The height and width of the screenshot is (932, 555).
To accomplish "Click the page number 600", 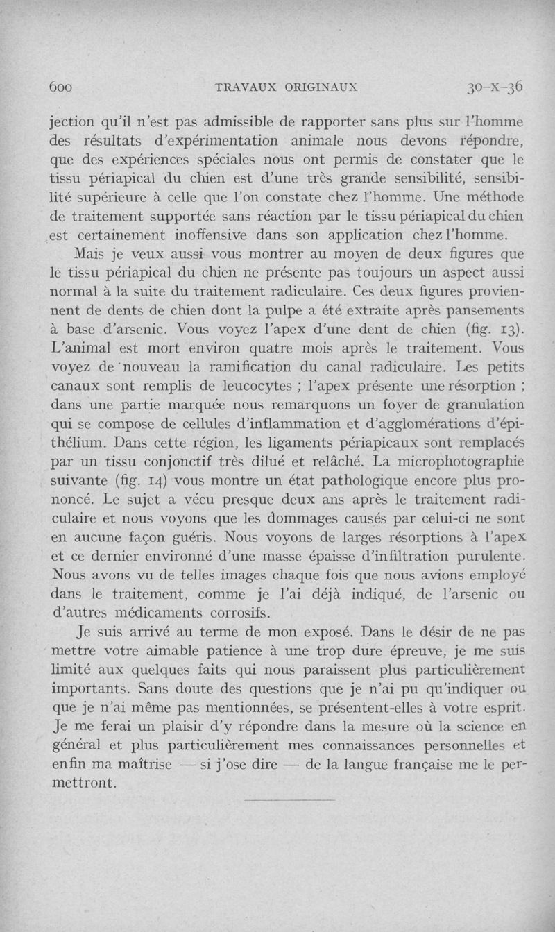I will tap(62, 87).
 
